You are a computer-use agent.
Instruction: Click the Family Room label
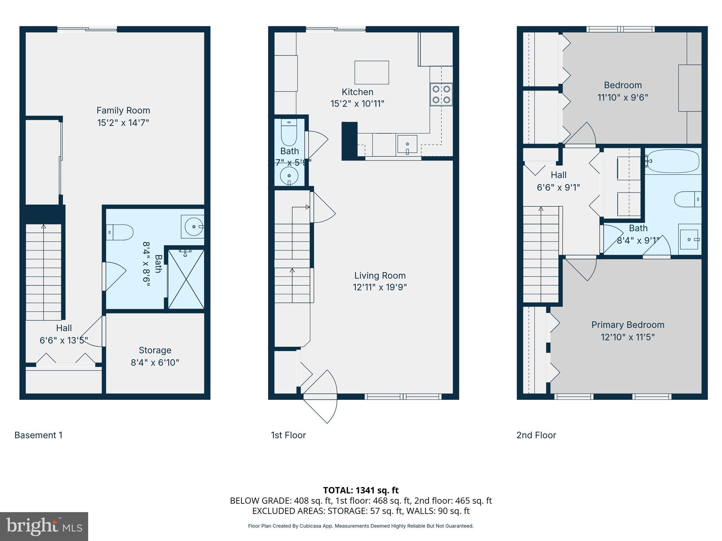click(123, 111)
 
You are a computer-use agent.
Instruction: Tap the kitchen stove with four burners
click(441, 94)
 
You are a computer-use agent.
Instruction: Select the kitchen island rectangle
click(372, 72)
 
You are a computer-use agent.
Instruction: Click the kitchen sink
click(407, 144)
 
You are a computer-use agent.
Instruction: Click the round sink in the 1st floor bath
click(289, 175)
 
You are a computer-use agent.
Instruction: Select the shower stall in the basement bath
click(186, 279)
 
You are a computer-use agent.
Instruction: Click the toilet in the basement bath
click(120, 232)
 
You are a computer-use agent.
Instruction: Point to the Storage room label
click(155, 350)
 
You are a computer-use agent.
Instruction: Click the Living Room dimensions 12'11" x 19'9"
click(380, 287)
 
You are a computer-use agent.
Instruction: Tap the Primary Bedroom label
click(628, 325)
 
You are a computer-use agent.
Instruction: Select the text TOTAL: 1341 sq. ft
click(361, 490)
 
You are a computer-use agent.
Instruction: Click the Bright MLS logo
click(44, 526)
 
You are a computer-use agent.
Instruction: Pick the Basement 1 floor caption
click(38, 435)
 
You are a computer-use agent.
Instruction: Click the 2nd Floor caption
click(536, 435)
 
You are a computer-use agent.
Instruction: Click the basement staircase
click(43, 271)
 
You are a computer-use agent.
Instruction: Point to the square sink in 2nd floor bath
click(689, 240)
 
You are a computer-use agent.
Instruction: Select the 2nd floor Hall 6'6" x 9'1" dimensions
click(558, 187)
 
